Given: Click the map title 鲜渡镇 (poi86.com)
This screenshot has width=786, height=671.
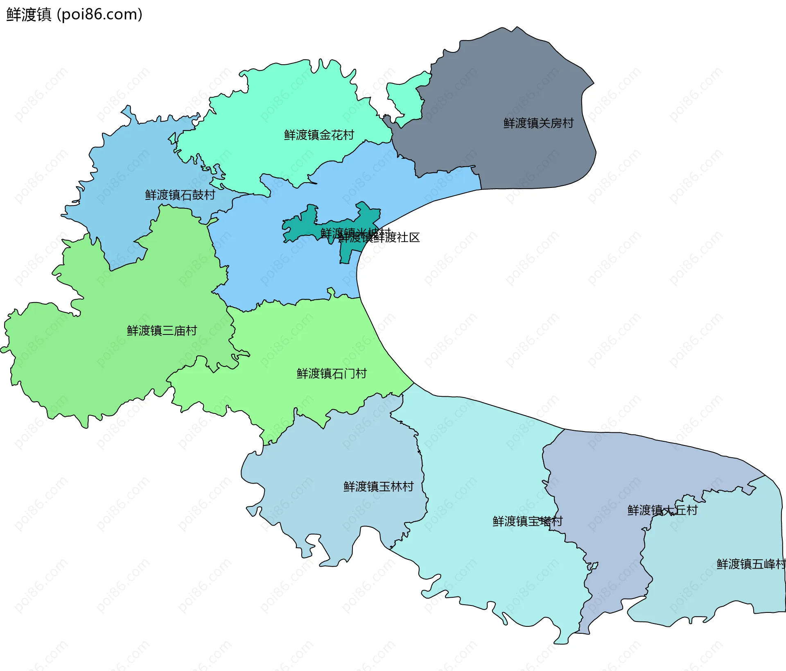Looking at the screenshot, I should click(74, 14).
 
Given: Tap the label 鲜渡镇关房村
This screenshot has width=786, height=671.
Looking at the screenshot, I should click(538, 123).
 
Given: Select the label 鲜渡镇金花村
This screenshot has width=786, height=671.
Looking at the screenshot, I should click(319, 135).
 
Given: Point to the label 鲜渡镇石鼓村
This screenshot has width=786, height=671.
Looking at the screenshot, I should click(180, 195).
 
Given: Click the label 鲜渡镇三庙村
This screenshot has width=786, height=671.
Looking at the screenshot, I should click(162, 331).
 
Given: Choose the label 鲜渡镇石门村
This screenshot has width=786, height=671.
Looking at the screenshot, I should click(332, 374).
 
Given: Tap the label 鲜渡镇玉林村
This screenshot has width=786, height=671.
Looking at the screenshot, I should click(379, 487).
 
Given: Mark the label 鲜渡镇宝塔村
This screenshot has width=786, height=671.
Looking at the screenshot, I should click(528, 522).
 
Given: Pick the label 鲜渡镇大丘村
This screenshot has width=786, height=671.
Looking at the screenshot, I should click(662, 511).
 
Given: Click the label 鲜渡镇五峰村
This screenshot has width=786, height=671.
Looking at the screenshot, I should click(751, 565).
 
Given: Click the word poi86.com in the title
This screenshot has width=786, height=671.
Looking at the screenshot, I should click(99, 14).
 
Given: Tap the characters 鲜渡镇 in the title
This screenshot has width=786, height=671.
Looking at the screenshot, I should click(29, 14).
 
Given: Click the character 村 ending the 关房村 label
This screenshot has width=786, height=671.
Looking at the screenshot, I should click(568, 123).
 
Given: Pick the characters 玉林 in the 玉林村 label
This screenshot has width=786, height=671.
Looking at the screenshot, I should click(391, 487).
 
